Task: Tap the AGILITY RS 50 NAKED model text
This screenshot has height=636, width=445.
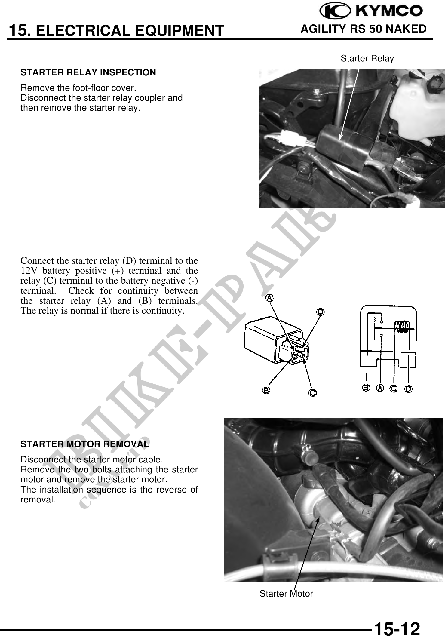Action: point(363,29)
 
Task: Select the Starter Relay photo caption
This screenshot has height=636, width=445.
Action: point(367,58)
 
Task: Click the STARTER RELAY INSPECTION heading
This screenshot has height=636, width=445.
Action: point(88,72)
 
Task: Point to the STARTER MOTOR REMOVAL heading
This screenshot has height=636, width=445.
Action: point(84,444)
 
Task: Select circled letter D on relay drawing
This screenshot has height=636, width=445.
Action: point(321,312)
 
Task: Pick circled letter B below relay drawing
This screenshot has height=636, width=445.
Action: point(266,390)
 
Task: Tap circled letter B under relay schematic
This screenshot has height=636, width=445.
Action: point(366,388)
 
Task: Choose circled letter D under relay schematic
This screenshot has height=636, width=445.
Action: point(408,389)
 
